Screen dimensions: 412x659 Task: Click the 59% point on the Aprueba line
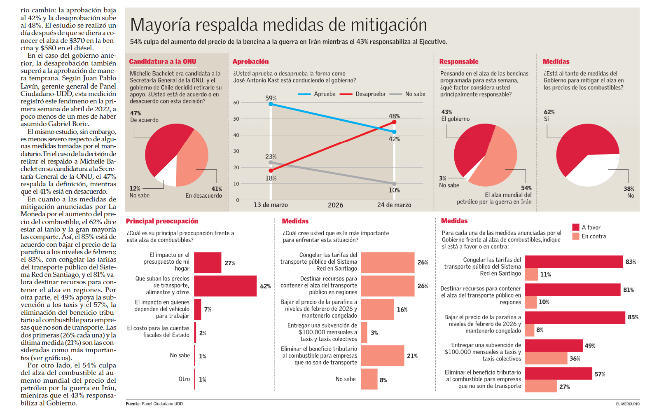point(271,104)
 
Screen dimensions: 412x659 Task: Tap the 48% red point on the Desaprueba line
point(394,122)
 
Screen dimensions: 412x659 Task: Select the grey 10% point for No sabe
point(394,184)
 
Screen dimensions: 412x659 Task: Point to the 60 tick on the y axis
point(236,103)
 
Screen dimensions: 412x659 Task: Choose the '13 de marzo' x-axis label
point(271,205)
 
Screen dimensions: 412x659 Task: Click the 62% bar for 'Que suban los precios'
point(225,286)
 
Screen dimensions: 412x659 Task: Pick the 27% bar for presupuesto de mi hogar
point(208,263)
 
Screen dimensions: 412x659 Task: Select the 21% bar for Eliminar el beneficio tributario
point(383,356)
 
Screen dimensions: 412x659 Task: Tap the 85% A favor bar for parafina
point(575,317)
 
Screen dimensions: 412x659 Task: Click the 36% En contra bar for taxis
point(546,358)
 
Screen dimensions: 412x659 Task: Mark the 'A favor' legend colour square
point(576,227)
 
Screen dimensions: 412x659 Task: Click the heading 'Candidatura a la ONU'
point(163,61)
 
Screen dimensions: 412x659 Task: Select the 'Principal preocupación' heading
point(162,221)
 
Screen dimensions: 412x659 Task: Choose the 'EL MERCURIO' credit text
point(628,404)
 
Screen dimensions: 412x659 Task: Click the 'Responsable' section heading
point(459,61)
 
